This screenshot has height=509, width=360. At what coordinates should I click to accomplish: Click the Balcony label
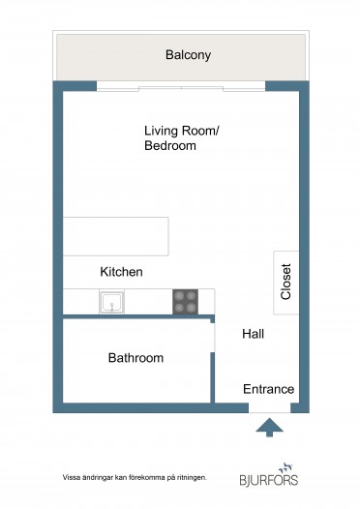(x=188, y=55)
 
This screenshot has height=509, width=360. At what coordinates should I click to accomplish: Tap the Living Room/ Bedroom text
(x=182, y=138)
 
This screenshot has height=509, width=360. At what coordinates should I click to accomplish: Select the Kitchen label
(x=121, y=272)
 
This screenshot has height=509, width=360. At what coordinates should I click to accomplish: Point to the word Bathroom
(x=135, y=358)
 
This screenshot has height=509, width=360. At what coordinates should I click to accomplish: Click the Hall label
(x=253, y=334)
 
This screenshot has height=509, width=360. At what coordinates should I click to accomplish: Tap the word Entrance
(x=268, y=389)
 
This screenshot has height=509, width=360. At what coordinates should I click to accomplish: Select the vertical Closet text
(x=285, y=282)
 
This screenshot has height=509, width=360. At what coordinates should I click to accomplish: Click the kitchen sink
(x=111, y=302)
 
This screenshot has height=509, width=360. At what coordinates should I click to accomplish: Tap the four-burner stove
(x=186, y=302)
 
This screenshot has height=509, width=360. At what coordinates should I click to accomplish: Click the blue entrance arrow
(x=269, y=428)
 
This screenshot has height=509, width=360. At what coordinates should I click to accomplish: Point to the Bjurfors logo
(x=269, y=474)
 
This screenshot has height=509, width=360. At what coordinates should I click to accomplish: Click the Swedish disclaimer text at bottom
(x=135, y=477)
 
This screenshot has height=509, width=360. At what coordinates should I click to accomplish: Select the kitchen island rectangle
(x=115, y=236)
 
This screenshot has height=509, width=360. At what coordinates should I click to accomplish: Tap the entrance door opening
(x=269, y=408)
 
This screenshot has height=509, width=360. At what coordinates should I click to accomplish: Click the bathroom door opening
(x=213, y=338)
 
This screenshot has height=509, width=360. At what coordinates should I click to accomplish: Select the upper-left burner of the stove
(x=179, y=296)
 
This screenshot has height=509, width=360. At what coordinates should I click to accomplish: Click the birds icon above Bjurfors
(x=285, y=467)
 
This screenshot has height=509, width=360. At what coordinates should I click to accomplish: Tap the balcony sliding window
(x=181, y=87)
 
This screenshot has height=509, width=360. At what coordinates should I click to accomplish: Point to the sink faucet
(x=112, y=307)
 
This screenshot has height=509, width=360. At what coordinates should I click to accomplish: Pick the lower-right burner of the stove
(x=192, y=308)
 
